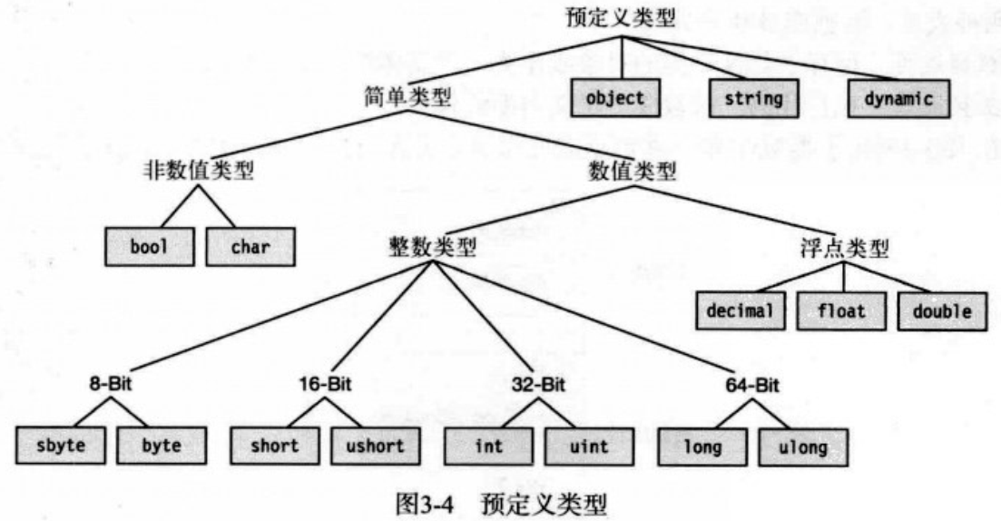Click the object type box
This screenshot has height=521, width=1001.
click(614, 98)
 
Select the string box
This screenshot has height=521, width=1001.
click(753, 98)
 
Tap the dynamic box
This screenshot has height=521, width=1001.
click(898, 98)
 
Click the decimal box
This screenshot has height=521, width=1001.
click(741, 311)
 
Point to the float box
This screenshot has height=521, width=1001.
click(840, 311)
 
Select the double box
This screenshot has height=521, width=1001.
click(942, 311)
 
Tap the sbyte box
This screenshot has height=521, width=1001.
click(61, 446)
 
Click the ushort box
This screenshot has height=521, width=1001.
click(374, 446)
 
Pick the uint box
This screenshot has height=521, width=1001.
click(589, 446)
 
